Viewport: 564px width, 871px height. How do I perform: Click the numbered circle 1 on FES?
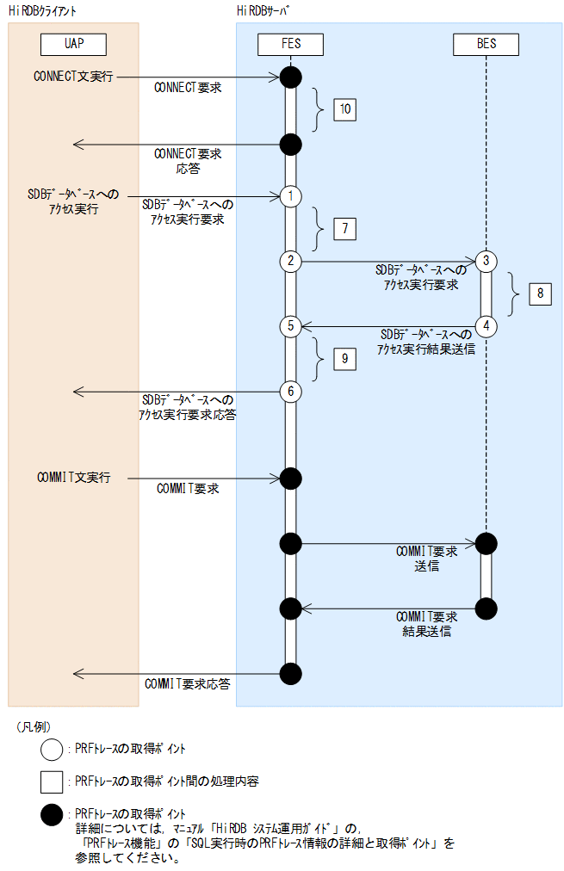click(x=291, y=195)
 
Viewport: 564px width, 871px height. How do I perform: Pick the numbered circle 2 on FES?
click(x=291, y=260)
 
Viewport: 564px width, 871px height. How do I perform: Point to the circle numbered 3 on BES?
click(x=487, y=260)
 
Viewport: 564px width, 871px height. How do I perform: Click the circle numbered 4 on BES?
click(x=487, y=325)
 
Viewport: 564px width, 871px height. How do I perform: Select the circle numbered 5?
click(x=291, y=326)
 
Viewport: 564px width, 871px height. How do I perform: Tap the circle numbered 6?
click(x=291, y=392)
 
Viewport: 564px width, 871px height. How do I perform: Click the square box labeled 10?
click(x=344, y=109)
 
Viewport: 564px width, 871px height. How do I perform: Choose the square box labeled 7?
click(x=344, y=228)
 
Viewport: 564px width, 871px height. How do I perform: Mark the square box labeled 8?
click(x=540, y=293)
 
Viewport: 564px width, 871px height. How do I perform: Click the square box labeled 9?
click(x=344, y=359)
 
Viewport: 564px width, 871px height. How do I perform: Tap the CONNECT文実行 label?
click(x=73, y=76)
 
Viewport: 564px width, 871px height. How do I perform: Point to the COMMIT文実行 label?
click(x=73, y=477)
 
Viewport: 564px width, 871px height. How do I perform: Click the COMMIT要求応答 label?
click(x=187, y=683)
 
